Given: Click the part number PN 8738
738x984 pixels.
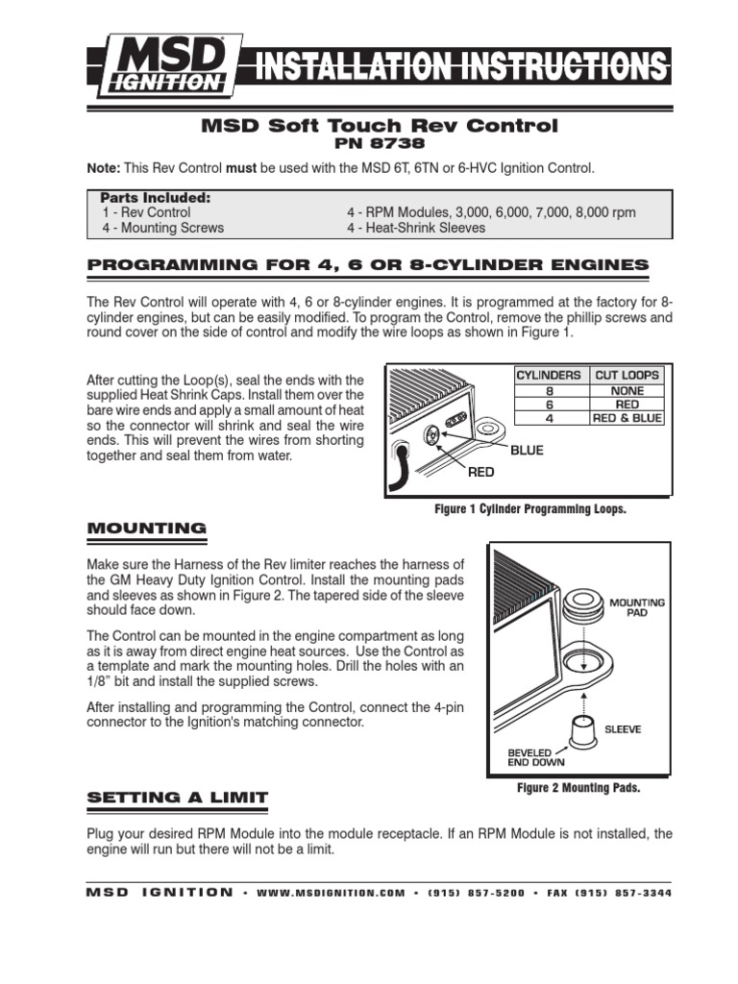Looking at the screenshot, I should [378, 144].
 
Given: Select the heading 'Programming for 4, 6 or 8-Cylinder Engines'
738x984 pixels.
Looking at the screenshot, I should [368, 264].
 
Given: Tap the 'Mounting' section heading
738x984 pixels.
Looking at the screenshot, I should [146, 528].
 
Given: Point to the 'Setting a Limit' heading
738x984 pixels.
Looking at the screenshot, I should [178, 798].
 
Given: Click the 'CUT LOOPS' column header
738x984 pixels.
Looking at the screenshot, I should [627, 375].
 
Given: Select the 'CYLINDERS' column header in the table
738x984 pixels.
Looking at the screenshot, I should [549, 375].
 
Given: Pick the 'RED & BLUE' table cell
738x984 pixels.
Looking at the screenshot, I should [627, 418].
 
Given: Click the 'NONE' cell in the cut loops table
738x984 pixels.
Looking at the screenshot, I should [627, 390].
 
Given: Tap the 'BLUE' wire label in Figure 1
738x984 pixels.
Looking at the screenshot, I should [526, 450].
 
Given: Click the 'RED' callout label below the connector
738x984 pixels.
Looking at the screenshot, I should [482, 472].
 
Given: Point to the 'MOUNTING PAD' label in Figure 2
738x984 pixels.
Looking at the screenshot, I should [637, 607].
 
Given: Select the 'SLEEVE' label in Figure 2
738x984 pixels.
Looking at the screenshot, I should [623, 729].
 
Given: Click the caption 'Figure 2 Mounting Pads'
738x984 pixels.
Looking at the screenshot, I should [578, 788].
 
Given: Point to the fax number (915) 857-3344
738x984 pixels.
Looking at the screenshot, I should [623, 893].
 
